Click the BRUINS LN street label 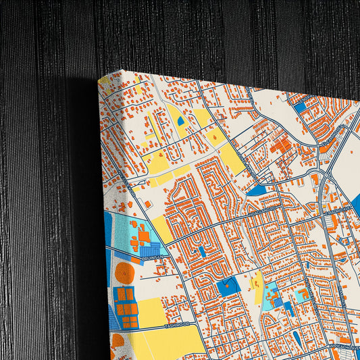[x=151, y=257]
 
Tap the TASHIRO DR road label [x=176, y=326]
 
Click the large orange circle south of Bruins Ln [x=124, y=273]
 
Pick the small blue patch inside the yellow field [x=180, y=121]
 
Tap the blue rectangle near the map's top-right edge [x=300, y=106]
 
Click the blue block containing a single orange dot [x=228, y=286]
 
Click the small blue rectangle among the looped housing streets [x=201, y=251]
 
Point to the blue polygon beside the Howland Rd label [x=257, y=191]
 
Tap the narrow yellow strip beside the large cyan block [x=257, y=282]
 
